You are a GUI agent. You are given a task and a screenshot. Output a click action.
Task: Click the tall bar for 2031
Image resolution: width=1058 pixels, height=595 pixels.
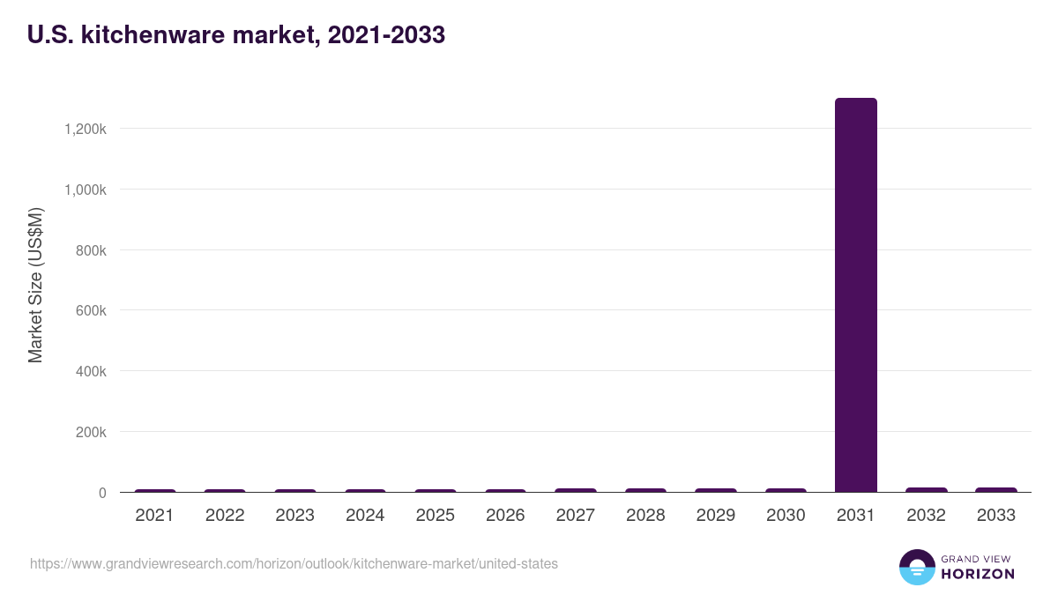click(x=855, y=295)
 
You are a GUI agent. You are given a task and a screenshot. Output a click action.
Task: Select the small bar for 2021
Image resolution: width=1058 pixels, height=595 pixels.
click(x=154, y=491)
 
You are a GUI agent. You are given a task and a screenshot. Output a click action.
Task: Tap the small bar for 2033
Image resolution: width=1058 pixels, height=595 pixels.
click(x=995, y=490)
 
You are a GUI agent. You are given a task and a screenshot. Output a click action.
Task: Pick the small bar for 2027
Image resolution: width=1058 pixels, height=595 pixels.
click(x=575, y=490)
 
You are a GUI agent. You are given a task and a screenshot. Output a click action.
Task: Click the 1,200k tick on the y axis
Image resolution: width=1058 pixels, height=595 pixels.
click(x=86, y=129)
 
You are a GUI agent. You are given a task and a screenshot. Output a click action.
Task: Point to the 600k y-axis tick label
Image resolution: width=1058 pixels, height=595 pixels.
click(x=90, y=311)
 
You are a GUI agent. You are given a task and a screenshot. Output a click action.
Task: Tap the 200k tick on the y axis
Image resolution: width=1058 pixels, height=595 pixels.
click(x=90, y=433)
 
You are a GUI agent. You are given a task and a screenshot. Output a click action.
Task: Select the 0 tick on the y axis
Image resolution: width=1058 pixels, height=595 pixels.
click(x=102, y=494)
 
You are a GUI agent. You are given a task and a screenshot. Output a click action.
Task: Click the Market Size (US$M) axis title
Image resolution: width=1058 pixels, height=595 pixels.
click(x=35, y=285)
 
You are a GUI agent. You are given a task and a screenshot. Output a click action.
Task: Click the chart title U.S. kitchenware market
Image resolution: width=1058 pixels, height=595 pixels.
click(x=235, y=35)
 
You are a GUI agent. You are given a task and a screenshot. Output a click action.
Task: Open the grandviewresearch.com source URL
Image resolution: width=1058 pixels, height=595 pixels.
click(x=294, y=563)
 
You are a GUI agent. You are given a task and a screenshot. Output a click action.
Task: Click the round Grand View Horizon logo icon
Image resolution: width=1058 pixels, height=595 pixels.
click(x=916, y=567)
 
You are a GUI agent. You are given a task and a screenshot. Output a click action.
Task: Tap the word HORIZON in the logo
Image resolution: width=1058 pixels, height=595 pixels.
click(x=978, y=574)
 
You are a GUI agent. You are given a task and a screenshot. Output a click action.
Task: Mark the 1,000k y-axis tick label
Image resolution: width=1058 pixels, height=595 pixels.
click(x=86, y=190)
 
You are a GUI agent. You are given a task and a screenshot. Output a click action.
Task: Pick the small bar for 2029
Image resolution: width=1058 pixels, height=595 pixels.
click(x=715, y=490)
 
